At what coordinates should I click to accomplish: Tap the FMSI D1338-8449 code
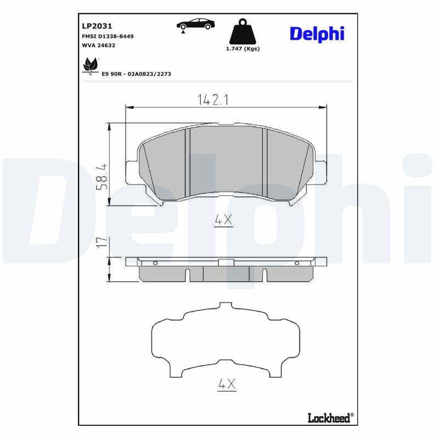(107, 36)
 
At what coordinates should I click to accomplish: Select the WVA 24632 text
(99, 46)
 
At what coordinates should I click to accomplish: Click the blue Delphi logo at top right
(317, 33)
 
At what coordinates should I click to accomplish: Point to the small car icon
(195, 25)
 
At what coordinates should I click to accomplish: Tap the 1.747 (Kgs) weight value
(243, 49)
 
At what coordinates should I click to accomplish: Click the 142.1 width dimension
(212, 99)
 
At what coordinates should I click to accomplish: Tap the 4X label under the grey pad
(223, 221)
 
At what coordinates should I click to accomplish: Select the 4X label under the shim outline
(226, 385)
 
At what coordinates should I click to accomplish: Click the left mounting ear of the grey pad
(132, 172)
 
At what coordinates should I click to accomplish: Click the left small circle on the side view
(155, 263)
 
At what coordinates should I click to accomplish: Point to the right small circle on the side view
(297, 263)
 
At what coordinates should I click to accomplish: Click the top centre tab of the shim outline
(226, 305)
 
